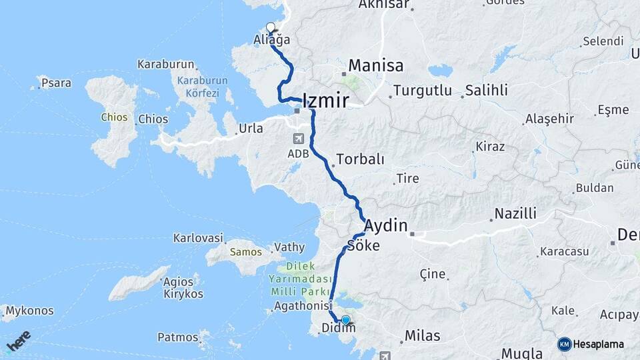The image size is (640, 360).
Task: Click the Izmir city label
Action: (325, 101)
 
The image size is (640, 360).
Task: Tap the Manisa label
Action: (375, 66)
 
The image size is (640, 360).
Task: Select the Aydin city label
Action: (386, 225)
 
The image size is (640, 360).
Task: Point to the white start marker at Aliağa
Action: (271, 27)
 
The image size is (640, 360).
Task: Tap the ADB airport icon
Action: (297, 139)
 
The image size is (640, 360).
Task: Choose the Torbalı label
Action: (361, 159)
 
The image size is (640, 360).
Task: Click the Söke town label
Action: (363, 246)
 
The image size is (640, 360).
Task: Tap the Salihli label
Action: (487, 90)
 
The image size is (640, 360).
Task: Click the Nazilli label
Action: (514, 214)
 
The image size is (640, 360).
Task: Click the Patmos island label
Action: (178, 337)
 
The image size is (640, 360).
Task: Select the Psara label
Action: (56, 83)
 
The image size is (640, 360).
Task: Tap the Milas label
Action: (422, 335)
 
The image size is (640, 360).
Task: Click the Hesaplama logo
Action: (591, 344)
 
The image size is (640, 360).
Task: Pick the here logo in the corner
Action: (18, 341)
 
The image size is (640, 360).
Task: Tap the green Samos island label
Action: (241, 253)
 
